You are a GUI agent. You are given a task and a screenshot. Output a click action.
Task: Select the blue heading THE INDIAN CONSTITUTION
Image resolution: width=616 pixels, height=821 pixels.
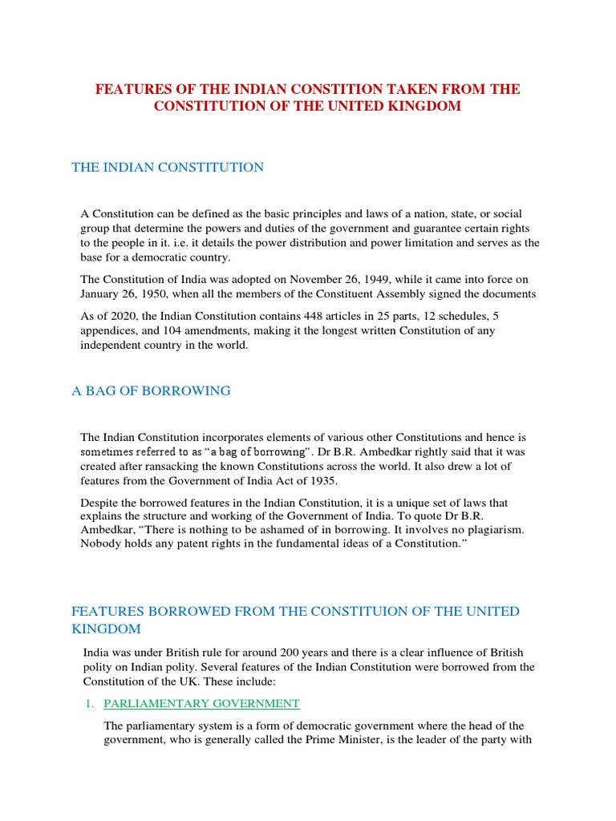pyautogui.click(x=168, y=168)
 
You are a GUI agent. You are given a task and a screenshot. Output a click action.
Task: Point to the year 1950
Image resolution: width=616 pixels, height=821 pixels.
pyautogui.click(x=144, y=294)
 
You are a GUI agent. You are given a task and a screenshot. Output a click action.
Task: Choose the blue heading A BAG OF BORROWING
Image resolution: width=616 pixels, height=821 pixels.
pyautogui.click(x=152, y=390)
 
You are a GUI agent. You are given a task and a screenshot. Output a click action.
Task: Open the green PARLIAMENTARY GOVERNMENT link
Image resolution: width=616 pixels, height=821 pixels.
pyautogui.click(x=201, y=703)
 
